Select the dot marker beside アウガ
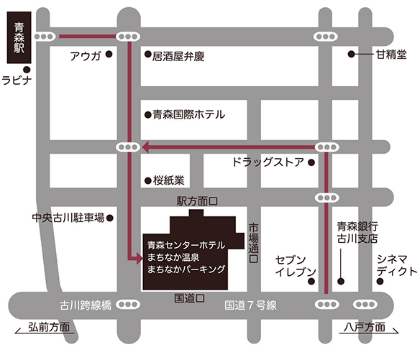(x=109, y=54)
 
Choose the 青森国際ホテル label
(x=189, y=114)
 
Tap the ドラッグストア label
(x=268, y=162)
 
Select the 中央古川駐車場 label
(x=68, y=217)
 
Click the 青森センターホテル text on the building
(x=186, y=242)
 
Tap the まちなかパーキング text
(x=186, y=269)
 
